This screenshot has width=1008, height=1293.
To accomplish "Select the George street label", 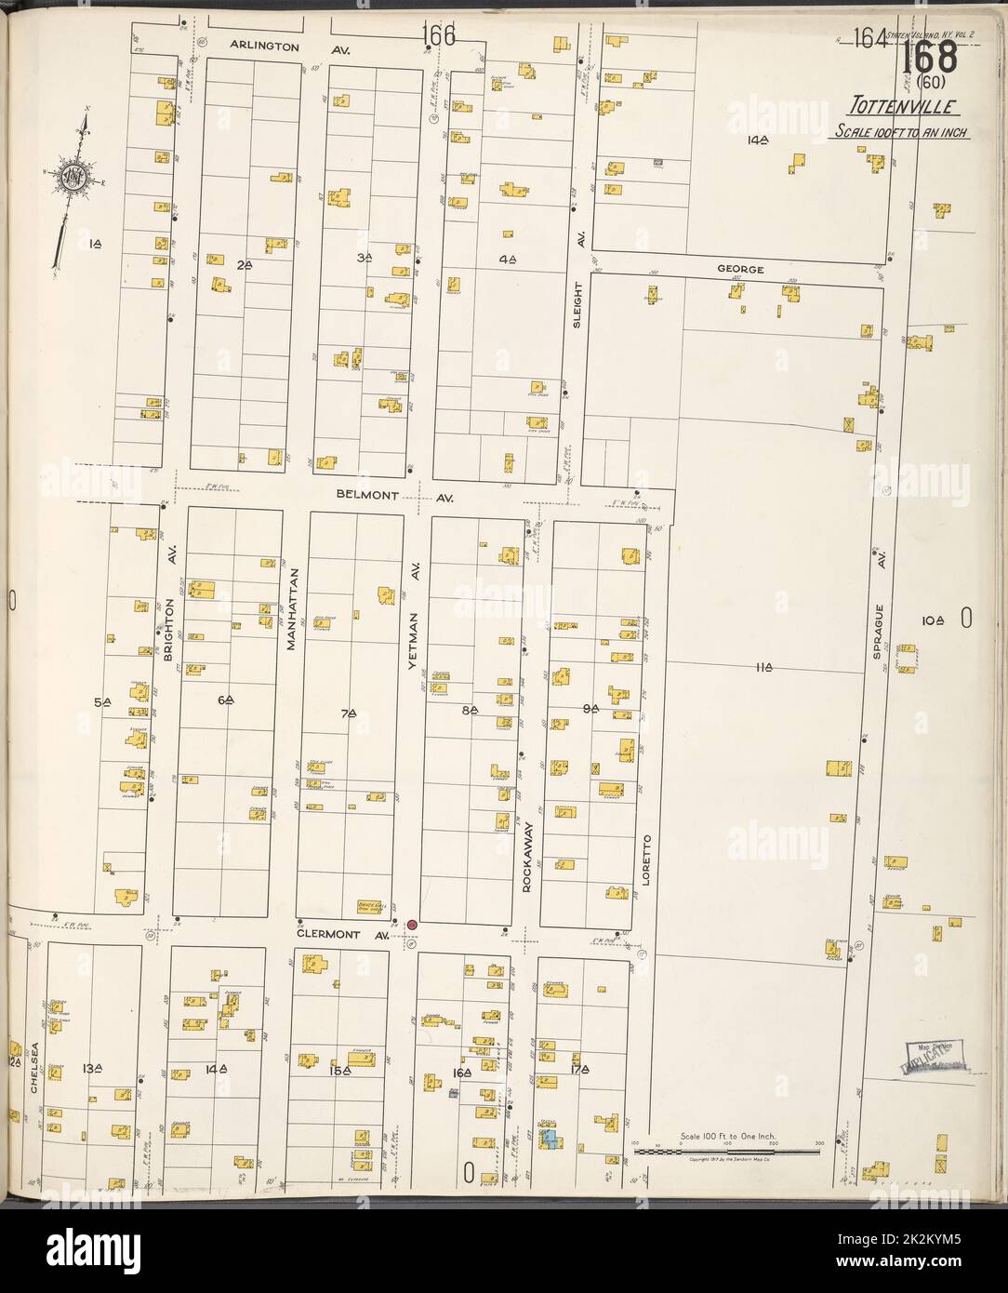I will point(740,270).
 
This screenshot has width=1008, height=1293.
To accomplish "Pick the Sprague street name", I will point(877,632).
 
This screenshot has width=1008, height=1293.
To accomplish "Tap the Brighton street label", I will point(170,629).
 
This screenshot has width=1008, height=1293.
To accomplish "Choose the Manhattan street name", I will point(291,608).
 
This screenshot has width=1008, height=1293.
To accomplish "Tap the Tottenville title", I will point(897,105).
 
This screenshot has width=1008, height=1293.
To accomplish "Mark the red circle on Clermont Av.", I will point(411,924).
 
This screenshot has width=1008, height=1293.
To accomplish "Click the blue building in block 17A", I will point(549,1138).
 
